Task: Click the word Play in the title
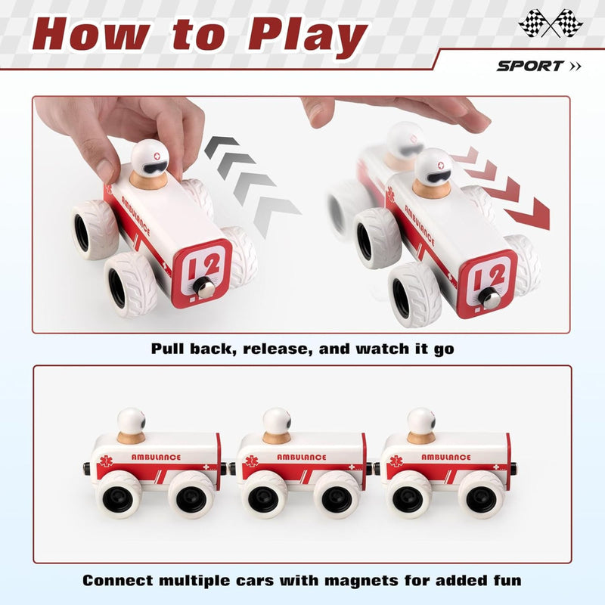(308, 36)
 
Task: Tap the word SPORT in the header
(530, 66)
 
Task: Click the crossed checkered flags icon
(551, 23)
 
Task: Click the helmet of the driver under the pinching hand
(150, 158)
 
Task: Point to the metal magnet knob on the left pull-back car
(203, 287)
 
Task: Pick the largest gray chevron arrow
(276, 215)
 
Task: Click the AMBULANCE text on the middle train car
(302, 458)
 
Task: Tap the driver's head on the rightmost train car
(421, 421)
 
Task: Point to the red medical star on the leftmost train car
(105, 461)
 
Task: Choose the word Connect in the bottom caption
(118, 580)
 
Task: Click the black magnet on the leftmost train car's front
(87, 468)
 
